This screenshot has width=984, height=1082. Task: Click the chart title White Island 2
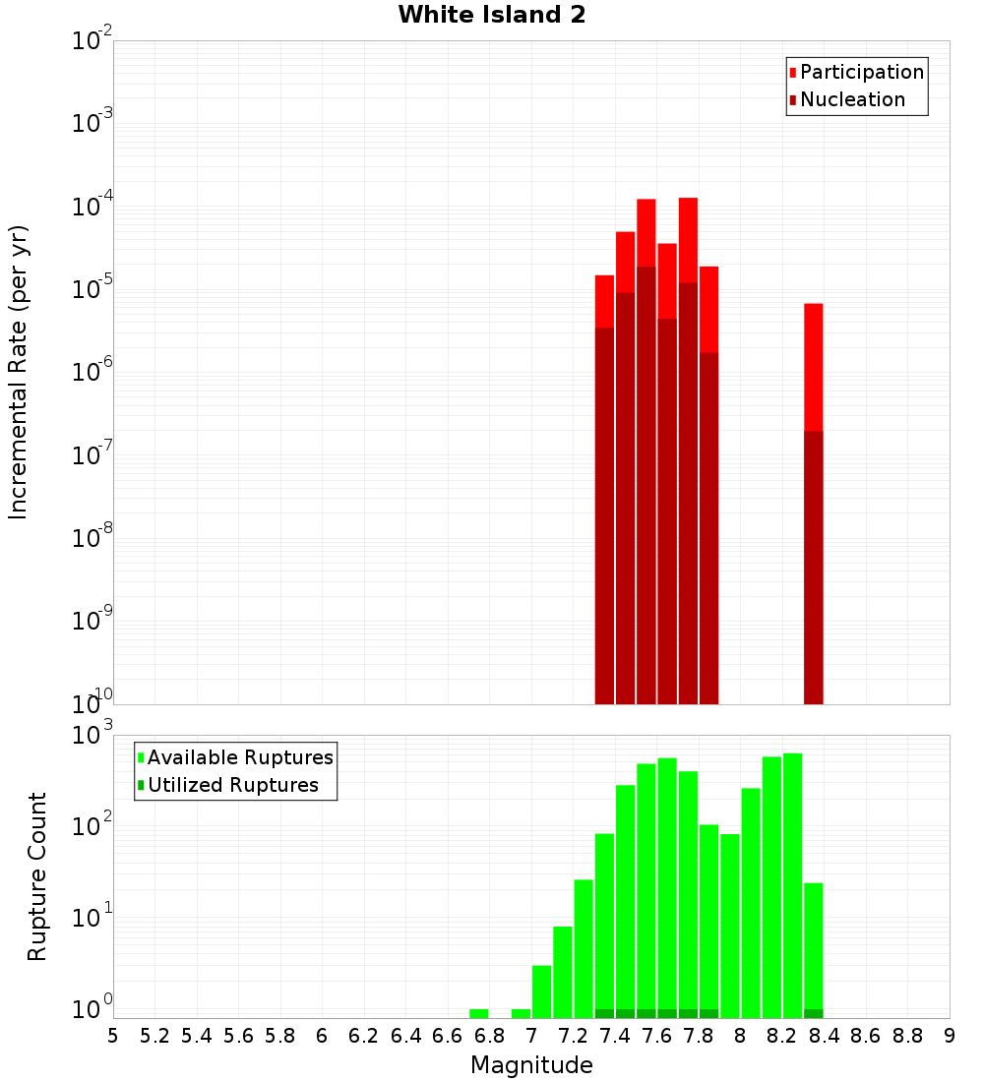click(x=491, y=15)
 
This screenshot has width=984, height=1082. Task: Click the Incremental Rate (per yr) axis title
click(x=19, y=372)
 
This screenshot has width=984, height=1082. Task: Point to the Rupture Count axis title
click(x=36, y=876)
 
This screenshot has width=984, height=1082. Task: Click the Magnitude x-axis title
click(x=531, y=1065)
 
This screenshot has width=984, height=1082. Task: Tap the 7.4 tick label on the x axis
click(x=615, y=1036)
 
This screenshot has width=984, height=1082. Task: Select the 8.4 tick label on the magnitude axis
click(x=825, y=1036)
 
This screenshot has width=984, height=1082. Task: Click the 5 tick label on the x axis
click(x=113, y=1036)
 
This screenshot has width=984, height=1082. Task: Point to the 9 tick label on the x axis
click(x=950, y=1036)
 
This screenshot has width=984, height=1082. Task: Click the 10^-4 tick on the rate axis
click(x=92, y=208)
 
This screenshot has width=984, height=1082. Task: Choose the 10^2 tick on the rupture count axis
click(x=92, y=826)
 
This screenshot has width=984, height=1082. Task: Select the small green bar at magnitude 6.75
click(x=479, y=1013)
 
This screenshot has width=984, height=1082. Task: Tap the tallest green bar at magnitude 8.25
click(x=792, y=885)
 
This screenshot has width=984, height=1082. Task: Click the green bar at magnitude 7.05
click(x=541, y=992)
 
